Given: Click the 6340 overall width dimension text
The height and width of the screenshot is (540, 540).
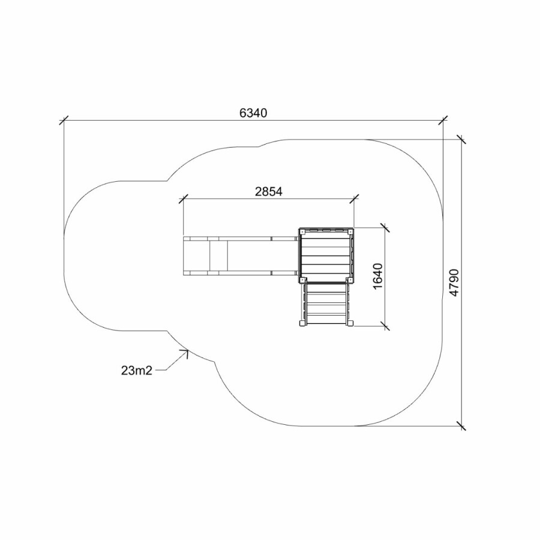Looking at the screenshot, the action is (253, 113).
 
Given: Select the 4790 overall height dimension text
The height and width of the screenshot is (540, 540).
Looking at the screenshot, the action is (454, 283).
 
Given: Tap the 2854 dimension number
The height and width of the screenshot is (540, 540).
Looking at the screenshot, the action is (269, 191).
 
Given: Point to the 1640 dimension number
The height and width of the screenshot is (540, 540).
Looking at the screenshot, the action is (377, 277).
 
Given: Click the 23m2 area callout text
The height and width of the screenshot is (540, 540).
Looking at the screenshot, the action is (136, 371).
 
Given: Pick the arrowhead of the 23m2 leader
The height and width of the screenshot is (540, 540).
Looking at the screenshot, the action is (186, 352).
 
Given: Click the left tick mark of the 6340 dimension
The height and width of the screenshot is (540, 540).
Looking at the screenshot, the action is (64, 121).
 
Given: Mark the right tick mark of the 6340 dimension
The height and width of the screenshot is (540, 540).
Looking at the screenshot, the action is (443, 121).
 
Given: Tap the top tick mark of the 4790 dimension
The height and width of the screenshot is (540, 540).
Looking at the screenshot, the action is (461, 139).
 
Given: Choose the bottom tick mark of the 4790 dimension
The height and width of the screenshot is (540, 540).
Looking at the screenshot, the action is (461, 426).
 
